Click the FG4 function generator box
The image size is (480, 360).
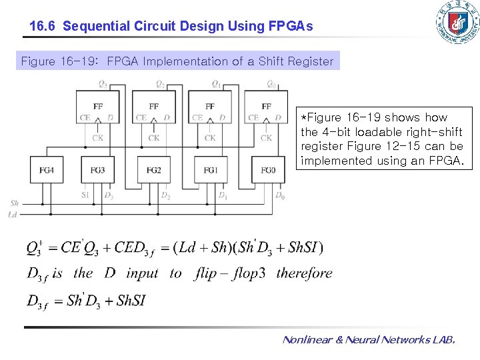click(47, 170)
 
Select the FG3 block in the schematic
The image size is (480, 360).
click(97, 170)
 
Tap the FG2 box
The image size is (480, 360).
click(154, 170)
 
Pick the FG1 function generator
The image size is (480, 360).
click(211, 170)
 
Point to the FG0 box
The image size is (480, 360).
click(267, 170)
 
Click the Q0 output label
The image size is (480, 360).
click(271, 84)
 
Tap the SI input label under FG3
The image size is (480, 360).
click(85, 195)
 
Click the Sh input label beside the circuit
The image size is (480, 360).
click(15, 203)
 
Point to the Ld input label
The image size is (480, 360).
click(13, 215)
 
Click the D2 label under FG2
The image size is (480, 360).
click(165, 196)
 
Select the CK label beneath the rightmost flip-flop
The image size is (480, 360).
click(266, 138)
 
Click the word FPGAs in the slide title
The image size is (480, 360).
click(291, 27)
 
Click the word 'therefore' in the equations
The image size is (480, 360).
click(304, 273)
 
